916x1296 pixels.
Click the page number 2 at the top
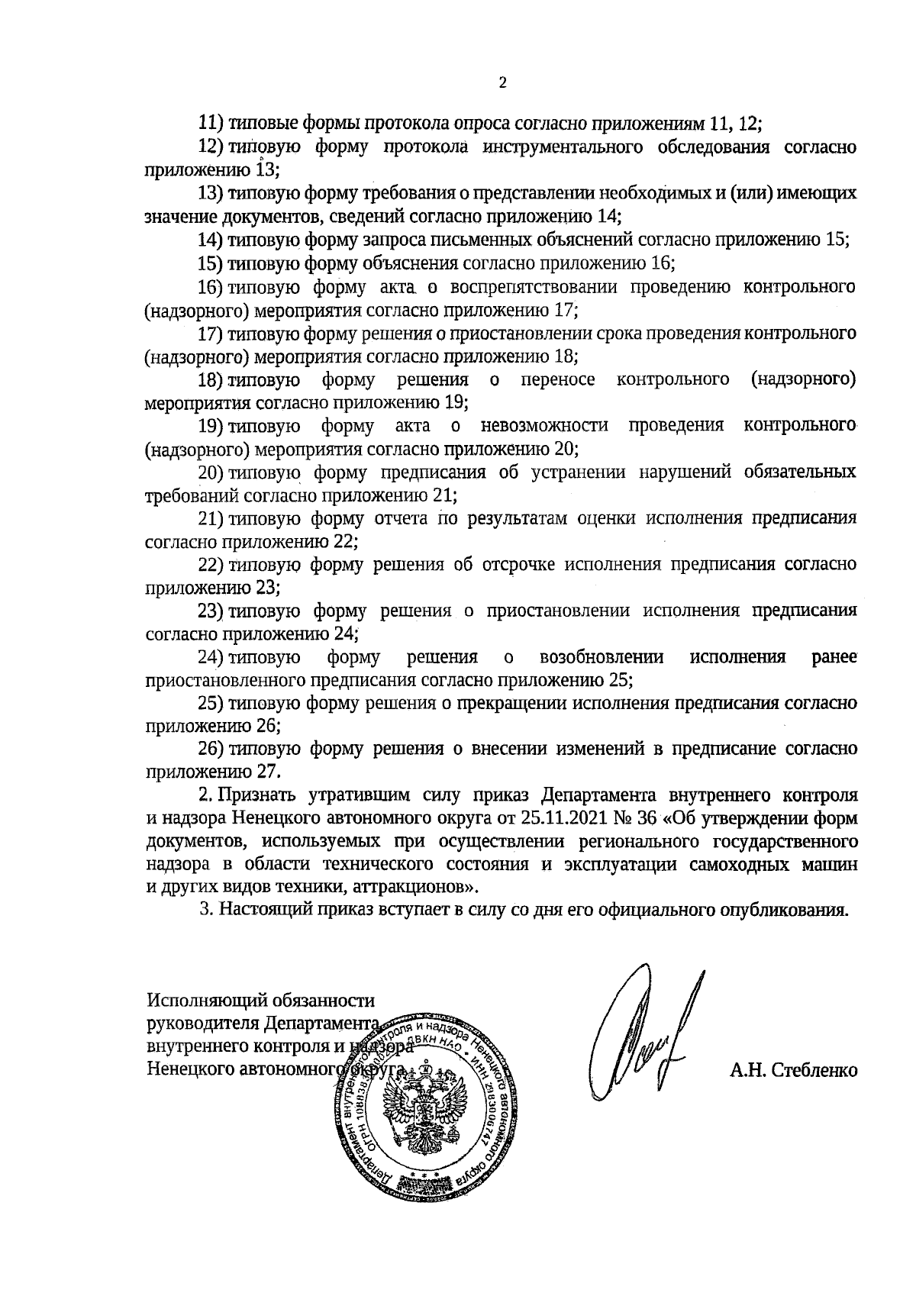click(x=502, y=83)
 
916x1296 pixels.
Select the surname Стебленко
click(x=814, y=1072)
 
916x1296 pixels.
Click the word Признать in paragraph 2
click(x=258, y=795)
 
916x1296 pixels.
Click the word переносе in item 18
click(x=557, y=379)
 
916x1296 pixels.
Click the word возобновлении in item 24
click(x=601, y=657)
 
